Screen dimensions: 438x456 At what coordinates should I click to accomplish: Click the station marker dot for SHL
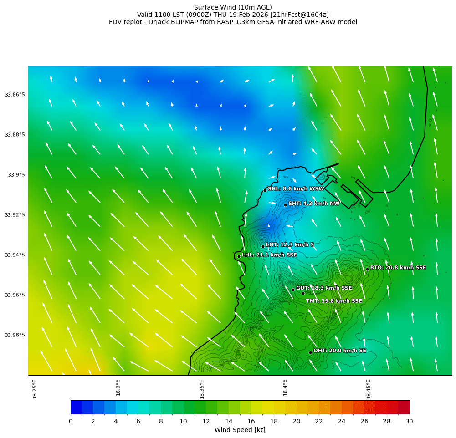click(x=265, y=190)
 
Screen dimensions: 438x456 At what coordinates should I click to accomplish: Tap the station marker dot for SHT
click(x=285, y=205)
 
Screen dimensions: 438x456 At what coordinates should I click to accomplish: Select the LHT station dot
click(x=263, y=246)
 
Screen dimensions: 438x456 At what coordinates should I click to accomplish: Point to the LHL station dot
click(x=239, y=256)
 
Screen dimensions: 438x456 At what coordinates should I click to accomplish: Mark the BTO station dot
click(x=367, y=269)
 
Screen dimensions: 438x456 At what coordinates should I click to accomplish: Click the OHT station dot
click(x=310, y=352)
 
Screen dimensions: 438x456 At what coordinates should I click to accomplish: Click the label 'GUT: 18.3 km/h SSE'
click(x=324, y=288)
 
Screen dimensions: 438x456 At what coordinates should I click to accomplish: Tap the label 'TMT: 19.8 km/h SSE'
click(x=334, y=301)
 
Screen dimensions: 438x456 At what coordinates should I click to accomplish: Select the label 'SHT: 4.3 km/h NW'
click(x=314, y=204)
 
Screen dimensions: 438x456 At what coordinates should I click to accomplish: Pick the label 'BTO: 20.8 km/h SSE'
click(x=398, y=268)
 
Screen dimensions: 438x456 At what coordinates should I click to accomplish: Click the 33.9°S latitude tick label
click(x=16, y=175)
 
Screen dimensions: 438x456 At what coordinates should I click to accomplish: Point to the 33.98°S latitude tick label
click(x=15, y=335)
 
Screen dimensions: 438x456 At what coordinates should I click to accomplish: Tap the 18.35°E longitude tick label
click(x=202, y=389)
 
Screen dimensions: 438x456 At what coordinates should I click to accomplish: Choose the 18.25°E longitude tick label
click(x=35, y=389)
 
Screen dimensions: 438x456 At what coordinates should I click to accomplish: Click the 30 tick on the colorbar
click(x=410, y=422)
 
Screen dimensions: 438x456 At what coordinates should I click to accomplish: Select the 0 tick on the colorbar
click(x=71, y=422)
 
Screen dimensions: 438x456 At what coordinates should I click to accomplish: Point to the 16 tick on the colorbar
click(x=251, y=422)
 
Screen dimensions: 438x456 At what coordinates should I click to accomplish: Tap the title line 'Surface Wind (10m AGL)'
click(x=233, y=7)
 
